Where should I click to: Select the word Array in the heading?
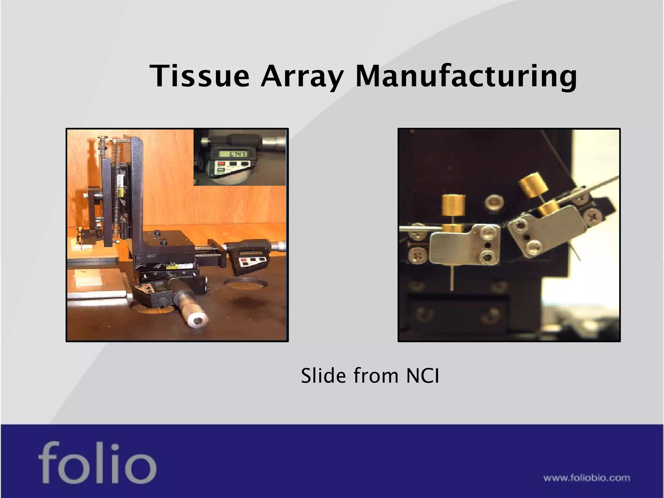(302, 77)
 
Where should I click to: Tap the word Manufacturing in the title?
(466, 77)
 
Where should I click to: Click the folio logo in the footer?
(97, 463)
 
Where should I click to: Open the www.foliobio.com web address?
(587, 478)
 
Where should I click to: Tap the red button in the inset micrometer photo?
(221, 164)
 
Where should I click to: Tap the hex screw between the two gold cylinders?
(494, 203)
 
